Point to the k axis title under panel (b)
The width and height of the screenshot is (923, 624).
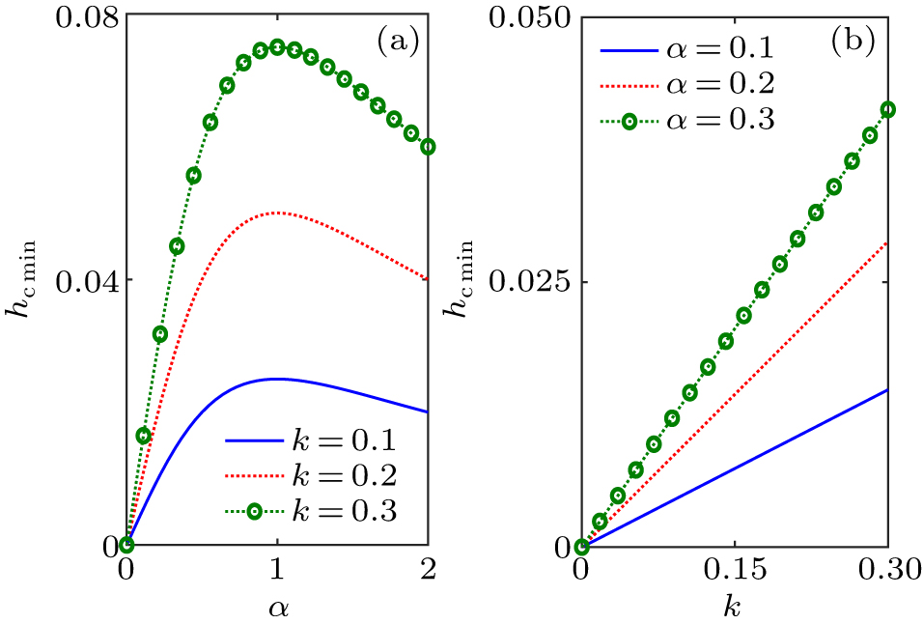(x=735, y=608)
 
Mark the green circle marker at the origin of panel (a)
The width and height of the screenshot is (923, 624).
(x=126, y=546)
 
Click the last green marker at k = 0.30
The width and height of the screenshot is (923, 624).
(x=887, y=110)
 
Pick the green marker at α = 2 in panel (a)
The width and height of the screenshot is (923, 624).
(x=428, y=147)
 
